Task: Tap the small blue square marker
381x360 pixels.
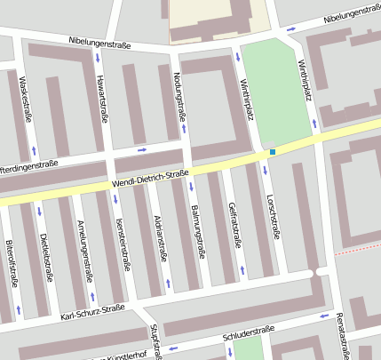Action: (272, 152)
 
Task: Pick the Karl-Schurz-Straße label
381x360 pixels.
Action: (93, 312)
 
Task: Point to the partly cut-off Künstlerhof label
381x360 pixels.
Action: (124, 356)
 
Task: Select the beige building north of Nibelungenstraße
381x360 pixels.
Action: (218, 18)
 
